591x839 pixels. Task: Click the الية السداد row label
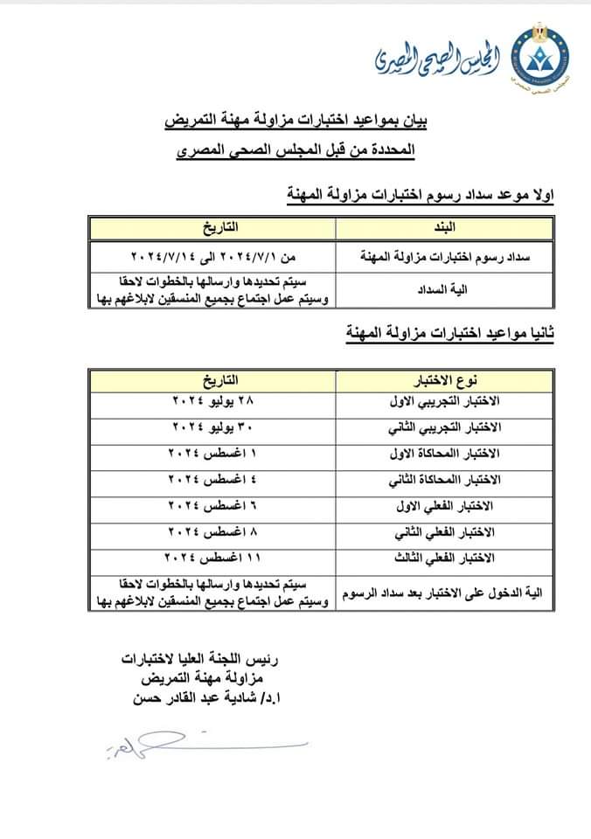(445, 288)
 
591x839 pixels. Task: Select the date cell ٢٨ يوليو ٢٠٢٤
(213, 402)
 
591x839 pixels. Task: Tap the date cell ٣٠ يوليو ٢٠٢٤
(213, 428)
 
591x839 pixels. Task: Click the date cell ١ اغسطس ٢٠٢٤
(213, 454)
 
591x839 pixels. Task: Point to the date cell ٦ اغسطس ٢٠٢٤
(213, 506)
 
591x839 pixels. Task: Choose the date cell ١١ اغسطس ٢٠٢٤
(213, 558)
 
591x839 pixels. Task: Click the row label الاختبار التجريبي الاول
(445, 402)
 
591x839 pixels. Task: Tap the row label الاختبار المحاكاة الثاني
(445, 481)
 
